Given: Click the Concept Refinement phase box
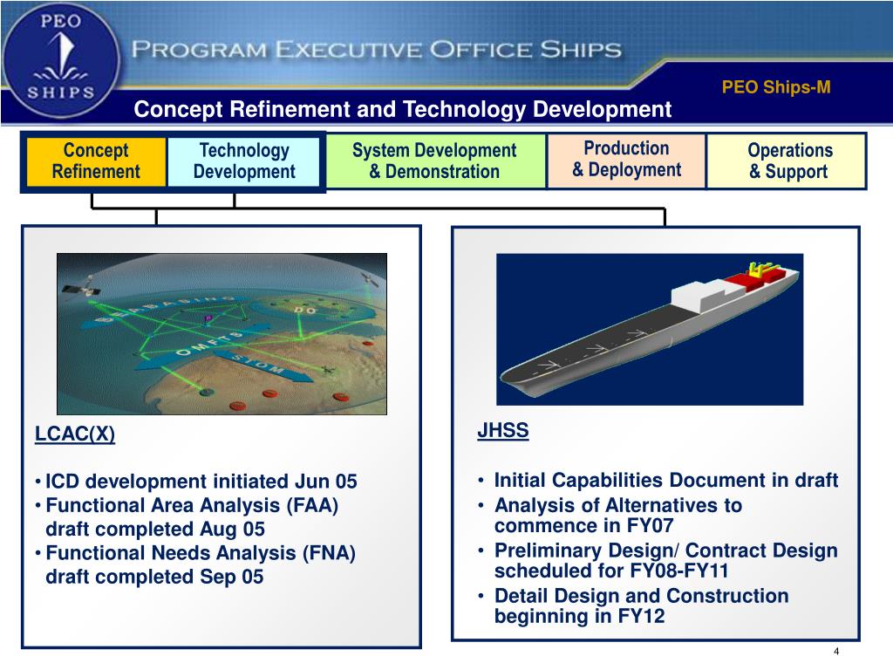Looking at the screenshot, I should coord(96,161).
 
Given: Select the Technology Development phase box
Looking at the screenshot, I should coord(244,161).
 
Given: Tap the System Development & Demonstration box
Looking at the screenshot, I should coord(434,161).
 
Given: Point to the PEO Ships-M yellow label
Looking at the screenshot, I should coord(776,87).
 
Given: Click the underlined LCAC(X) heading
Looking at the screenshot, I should coord(75,434).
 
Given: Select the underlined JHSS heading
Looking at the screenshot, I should coord(503,431).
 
